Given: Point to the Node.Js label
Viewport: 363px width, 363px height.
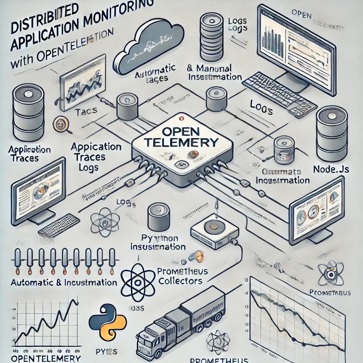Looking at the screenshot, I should (331, 169).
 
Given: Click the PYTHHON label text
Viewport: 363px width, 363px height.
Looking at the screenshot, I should (159, 238).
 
